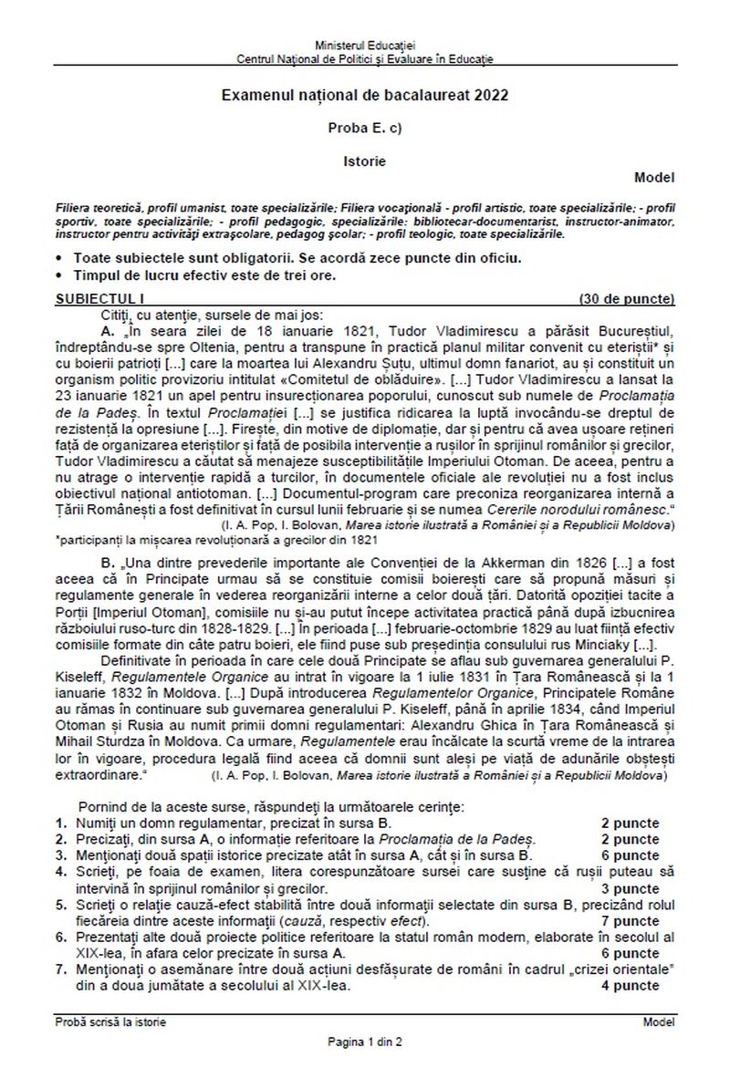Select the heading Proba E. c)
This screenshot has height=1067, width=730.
tap(364, 128)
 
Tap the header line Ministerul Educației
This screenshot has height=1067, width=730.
tap(364, 45)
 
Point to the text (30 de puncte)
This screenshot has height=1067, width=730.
tap(626, 298)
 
